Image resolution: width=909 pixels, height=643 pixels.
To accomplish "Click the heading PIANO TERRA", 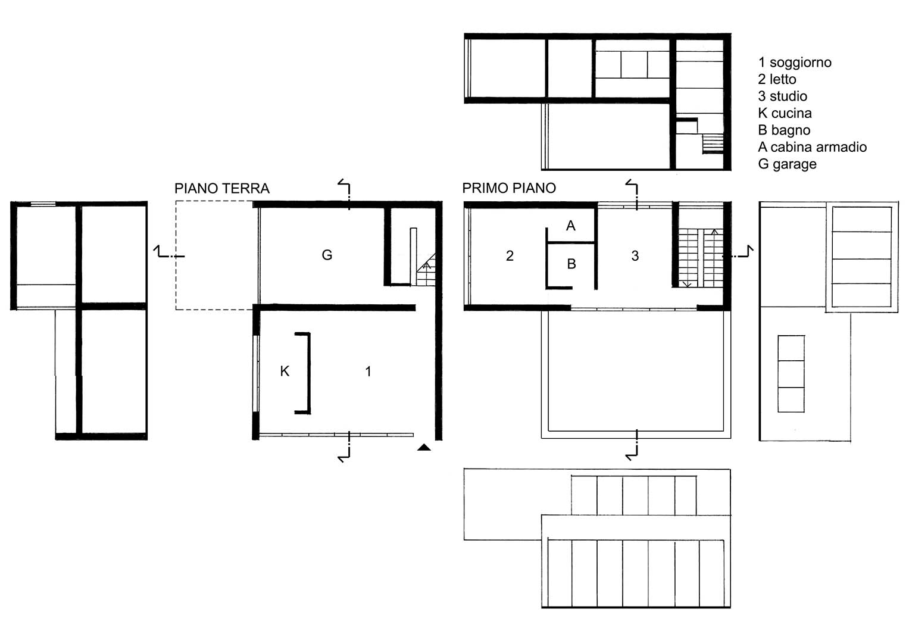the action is [222, 188].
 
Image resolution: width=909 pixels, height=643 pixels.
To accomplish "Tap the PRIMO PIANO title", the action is [509, 188].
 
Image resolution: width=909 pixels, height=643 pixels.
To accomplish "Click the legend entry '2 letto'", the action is [777, 79].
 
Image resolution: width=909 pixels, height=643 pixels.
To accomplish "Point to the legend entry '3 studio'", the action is [782, 96].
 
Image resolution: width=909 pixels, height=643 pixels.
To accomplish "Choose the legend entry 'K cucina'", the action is [785, 113].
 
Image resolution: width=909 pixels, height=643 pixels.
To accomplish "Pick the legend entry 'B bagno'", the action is [784, 130].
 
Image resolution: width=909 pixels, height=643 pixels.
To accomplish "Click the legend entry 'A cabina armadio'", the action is [812, 147].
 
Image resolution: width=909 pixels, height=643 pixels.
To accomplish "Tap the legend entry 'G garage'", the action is [787, 164].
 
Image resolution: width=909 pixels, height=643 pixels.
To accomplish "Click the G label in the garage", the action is [327, 255].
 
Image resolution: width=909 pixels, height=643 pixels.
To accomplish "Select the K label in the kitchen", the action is [285, 371].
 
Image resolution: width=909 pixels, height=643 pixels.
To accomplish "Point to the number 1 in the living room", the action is [368, 372].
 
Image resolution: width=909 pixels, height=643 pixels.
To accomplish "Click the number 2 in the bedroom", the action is [510, 256].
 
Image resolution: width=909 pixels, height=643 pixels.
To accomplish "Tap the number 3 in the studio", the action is [635, 256].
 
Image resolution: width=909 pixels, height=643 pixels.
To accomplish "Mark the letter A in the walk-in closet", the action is [570, 226].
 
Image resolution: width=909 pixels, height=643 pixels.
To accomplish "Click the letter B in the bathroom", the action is [571, 264].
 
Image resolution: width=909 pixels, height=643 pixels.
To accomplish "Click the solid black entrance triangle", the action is [424, 447].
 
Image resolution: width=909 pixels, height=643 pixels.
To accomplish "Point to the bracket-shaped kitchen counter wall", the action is [308, 373].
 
